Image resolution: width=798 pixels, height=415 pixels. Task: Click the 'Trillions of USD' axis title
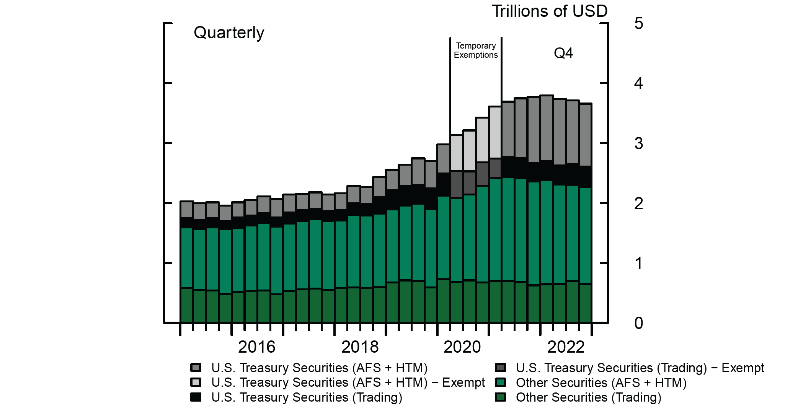click(x=550, y=11)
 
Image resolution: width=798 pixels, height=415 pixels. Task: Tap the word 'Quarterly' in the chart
click(x=229, y=33)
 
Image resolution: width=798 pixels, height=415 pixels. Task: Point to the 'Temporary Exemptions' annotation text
click(x=476, y=50)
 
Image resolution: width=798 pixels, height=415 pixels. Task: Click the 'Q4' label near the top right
click(x=563, y=53)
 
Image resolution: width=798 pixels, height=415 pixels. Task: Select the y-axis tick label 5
click(x=638, y=23)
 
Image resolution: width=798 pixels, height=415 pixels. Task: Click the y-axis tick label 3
click(x=638, y=143)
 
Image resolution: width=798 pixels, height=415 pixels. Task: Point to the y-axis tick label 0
click(x=638, y=323)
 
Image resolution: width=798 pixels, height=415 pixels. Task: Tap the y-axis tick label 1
click(x=638, y=263)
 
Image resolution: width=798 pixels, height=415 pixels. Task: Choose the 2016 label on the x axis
click(x=256, y=347)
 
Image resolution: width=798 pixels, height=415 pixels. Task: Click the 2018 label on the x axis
click(x=360, y=347)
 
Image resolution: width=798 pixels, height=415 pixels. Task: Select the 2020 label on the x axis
click(x=462, y=347)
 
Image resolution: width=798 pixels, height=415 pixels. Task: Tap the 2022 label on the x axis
click(x=566, y=347)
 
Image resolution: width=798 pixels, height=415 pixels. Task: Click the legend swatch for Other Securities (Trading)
click(x=500, y=397)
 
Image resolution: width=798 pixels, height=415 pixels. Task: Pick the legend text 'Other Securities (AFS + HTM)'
click(x=601, y=382)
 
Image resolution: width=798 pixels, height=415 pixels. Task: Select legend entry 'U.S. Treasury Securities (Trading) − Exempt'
click(x=640, y=368)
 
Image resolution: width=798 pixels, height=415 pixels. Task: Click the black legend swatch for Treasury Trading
click(x=196, y=397)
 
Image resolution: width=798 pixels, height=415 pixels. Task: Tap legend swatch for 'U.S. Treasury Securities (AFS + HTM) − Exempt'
click(x=196, y=382)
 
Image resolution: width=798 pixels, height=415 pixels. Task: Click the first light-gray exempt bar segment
click(x=457, y=153)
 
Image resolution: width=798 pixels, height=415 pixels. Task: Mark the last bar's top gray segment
click(x=586, y=135)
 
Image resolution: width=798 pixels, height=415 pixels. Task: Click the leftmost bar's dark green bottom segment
click(x=186, y=305)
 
